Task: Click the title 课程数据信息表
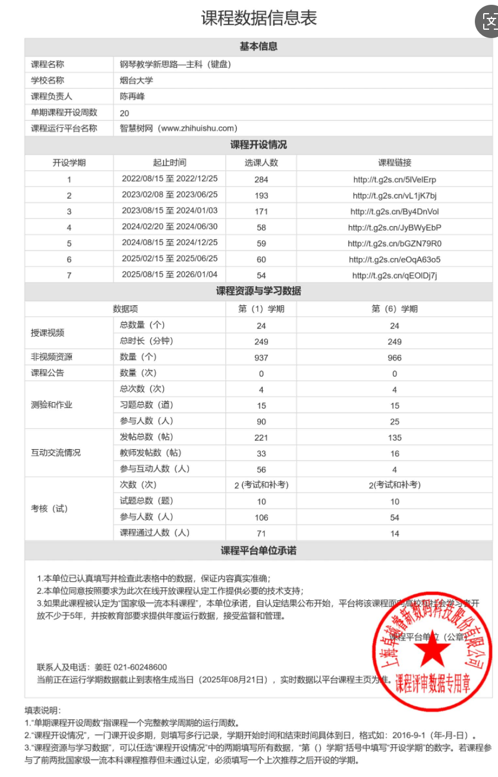[x=259, y=18]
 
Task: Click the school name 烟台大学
[x=136, y=80]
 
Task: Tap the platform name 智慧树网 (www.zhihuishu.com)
[x=178, y=128]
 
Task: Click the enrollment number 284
[x=261, y=179]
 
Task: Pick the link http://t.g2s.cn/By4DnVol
[x=394, y=211]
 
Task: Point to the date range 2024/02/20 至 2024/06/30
[x=169, y=227]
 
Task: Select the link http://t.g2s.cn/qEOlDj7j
[x=394, y=275]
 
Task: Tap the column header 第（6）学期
[x=394, y=309]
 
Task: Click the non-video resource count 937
[x=261, y=358]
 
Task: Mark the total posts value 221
[x=261, y=437]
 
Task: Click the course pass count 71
[x=261, y=533]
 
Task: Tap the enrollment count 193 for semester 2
[x=261, y=195]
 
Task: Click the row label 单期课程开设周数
[x=64, y=112]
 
